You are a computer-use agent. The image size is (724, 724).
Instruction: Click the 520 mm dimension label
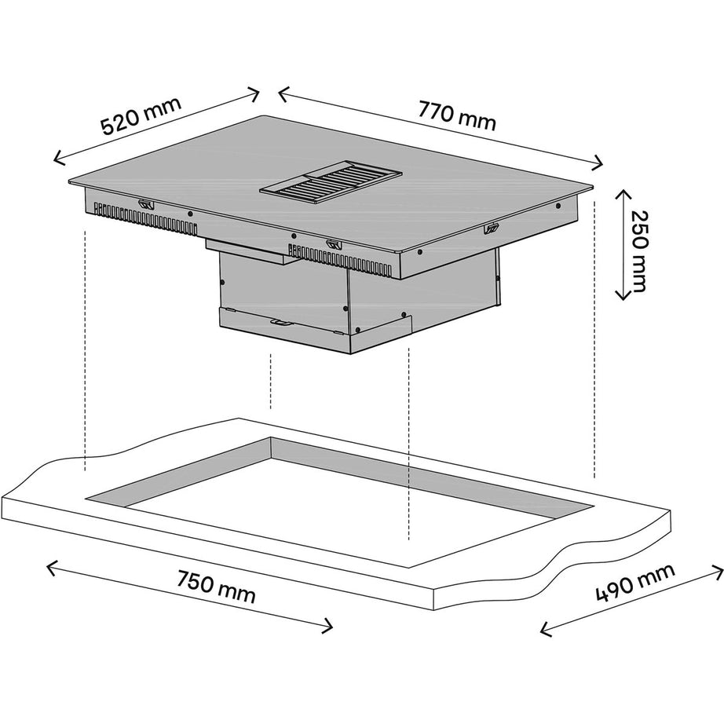pyautogui.click(x=141, y=116)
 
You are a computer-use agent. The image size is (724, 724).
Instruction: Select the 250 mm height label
pyautogui.click(x=639, y=251)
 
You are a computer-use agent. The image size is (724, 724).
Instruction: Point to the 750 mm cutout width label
pyautogui.click(x=216, y=587)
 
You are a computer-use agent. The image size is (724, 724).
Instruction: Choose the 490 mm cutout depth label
pyautogui.click(x=635, y=583)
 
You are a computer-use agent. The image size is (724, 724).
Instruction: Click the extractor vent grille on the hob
pyautogui.click(x=331, y=182)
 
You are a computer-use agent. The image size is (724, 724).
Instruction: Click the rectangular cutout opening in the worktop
pyautogui.click(x=339, y=502)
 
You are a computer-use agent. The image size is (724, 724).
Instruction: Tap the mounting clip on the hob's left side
pyautogui.click(x=146, y=203)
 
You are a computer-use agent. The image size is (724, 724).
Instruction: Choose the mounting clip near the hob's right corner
pyautogui.click(x=492, y=227)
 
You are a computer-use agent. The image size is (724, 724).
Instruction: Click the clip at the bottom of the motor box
pyautogui.click(x=281, y=322)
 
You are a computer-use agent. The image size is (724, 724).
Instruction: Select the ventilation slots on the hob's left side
pyautogui.click(x=146, y=218)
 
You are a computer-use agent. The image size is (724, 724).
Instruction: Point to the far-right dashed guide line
pyautogui.click(x=594, y=339)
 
